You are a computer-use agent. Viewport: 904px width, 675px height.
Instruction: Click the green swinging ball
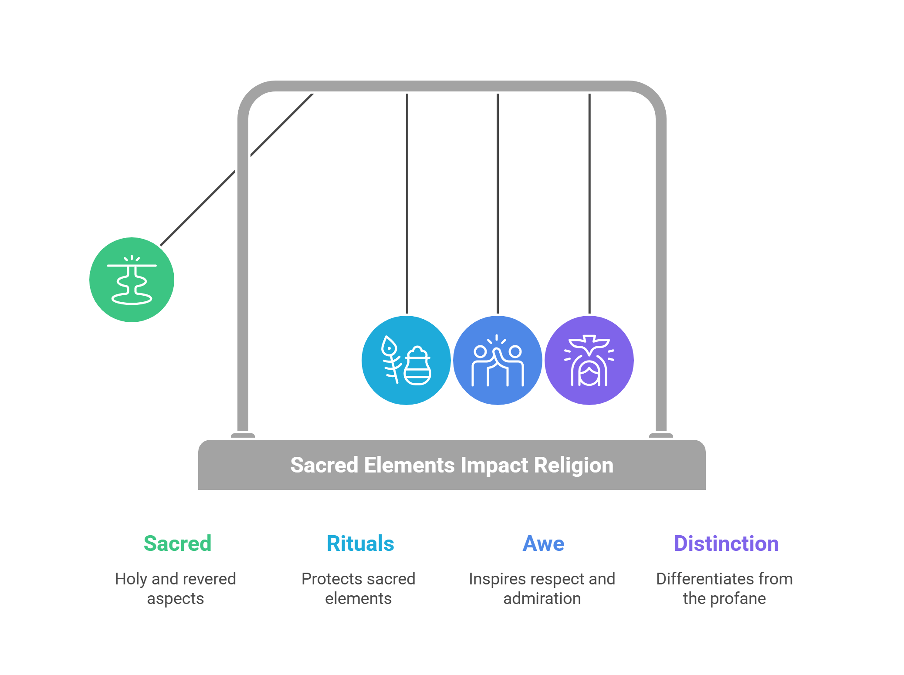(x=132, y=280)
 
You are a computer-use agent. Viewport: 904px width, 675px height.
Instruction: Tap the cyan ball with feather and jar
(x=406, y=360)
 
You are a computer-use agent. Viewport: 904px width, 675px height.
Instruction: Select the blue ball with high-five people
(x=498, y=360)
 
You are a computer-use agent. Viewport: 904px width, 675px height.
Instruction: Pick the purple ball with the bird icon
(x=589, y=360)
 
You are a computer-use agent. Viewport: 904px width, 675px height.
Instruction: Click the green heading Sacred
(x=177, y=543)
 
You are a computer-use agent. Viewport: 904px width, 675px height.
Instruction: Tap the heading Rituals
(x=360, y=543)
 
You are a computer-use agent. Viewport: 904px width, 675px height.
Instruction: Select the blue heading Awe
(x=543, y=543)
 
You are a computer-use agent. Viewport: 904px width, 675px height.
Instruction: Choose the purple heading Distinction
(x=726, y=543)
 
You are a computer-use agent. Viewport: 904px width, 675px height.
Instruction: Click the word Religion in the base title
(x=574, y=465)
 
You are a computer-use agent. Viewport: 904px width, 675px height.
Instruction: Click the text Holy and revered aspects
(x=176, y=588)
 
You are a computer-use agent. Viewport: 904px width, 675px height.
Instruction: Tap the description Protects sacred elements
(x=358, y=588)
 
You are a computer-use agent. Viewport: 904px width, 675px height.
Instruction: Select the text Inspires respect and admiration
(x=542, y=588)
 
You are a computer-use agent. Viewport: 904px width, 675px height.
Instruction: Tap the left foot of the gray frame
(x=243, y=435)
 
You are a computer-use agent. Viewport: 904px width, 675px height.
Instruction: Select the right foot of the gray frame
(x=661, y=435)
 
